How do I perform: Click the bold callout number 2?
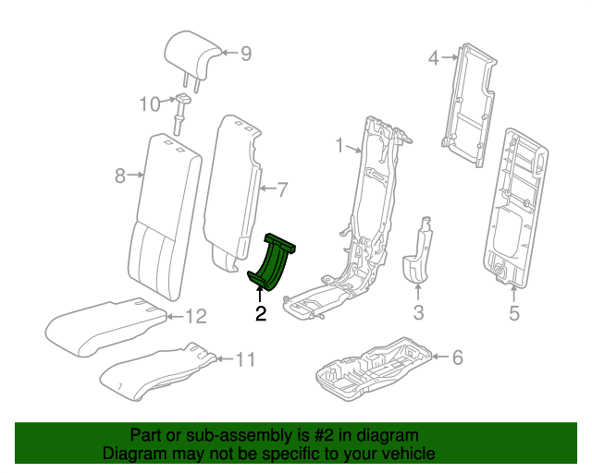[261, 314]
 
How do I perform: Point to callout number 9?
[246, 54]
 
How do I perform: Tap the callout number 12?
[194, 317]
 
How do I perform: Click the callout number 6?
[457, 357]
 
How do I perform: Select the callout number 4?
[432, 59]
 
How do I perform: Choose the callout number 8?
[119, 175]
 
